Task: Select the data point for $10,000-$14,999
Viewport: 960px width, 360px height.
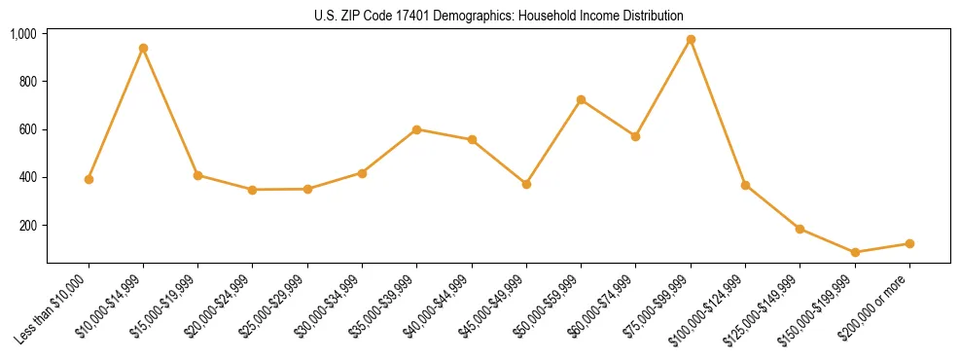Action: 143,48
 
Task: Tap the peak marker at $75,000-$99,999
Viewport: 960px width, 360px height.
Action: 691,40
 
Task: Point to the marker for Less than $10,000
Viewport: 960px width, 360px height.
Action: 89,179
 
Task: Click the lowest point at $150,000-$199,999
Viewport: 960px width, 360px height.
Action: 855,252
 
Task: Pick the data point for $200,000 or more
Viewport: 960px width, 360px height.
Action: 909,243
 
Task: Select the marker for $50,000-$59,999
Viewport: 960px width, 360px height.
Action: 581,99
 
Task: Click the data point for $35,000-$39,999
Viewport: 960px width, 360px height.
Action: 416,129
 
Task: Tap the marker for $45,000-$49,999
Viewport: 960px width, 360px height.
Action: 526,184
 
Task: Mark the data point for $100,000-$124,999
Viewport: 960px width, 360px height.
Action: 745,185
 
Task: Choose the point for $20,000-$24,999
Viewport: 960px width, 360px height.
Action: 252,190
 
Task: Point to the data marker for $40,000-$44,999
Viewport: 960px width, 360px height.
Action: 472,139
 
